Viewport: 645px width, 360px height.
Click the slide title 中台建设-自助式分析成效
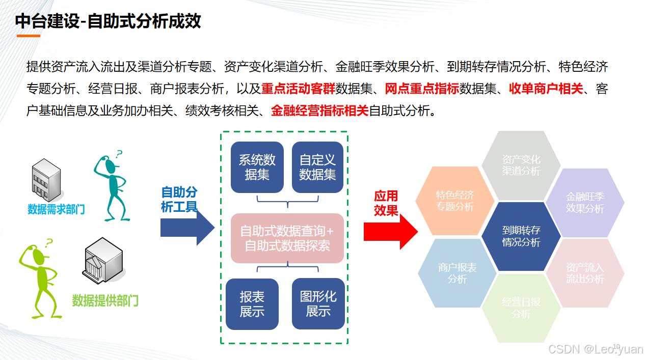pyautogui.click(x=108, y=21)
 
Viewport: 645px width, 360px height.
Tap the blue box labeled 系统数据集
pyautogui.click(x=257, y=167)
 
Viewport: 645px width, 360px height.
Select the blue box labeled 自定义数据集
pyautogui.click(x=317, y=167)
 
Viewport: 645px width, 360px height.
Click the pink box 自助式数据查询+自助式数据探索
pyautogui.click(x=287, y=238)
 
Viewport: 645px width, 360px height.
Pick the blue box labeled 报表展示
pyautogui.click(x=252, y=303)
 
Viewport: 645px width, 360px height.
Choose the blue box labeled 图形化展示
pyautogui.click(x=318, y=303)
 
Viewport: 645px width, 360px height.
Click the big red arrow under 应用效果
pyautogui.click(x=390, y=232)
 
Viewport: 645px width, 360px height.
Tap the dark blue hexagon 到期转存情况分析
pyautogui.click(x=521, y=236)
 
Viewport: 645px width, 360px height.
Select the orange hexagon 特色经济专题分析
pyautogui.click(x=455, y=201)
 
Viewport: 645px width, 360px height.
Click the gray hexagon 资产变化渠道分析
pyautogui.click(x=521, y=165)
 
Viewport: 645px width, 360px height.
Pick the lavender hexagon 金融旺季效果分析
pyautogui.click(x=585, y=202)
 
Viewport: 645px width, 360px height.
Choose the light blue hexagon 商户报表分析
pyautogui.click(x=457, y=273)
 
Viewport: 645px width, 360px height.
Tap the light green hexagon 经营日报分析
pyautogui.click(x=521, y=308)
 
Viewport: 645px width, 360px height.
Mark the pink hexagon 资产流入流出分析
pyautogui.click(x=585, y=273)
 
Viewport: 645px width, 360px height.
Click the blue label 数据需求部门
pyautogui.click(x=56, y=209)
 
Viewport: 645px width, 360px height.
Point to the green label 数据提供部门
pyautogui.click(x=105, y=300)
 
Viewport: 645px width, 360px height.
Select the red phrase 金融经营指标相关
pyautogui.click(x=319, y=110)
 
